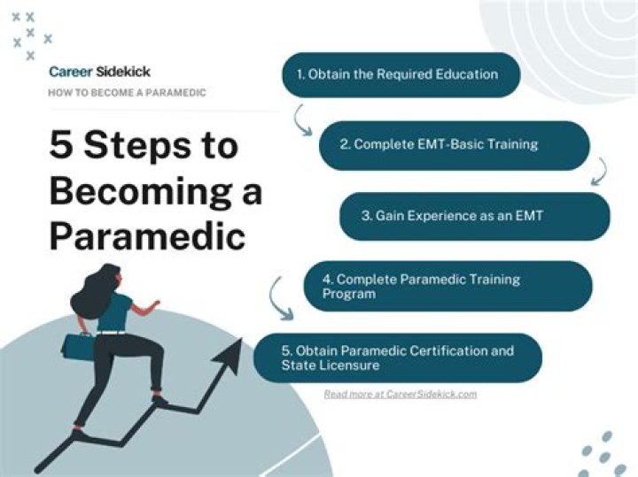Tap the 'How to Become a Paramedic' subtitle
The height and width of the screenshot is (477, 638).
point(128,93)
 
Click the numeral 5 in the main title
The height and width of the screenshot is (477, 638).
point(63,145)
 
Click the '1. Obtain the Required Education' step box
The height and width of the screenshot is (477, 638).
point(400,74)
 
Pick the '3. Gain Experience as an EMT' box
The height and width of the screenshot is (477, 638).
point(474,216)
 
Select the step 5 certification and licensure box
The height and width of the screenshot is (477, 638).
point(398,358)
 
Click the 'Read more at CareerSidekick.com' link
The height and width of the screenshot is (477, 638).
point(400,394)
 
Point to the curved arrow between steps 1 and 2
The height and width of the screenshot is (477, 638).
point(302,119)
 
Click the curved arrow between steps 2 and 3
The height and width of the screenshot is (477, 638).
point(601,171)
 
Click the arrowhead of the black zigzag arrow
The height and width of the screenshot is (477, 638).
point(232,353)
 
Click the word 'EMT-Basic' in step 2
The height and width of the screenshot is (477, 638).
point(440,144)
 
